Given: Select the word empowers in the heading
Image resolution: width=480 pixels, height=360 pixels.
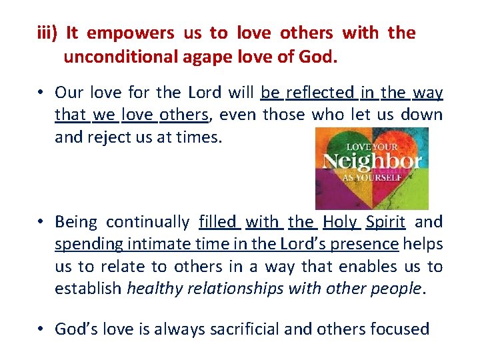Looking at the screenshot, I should (x=131, y=33).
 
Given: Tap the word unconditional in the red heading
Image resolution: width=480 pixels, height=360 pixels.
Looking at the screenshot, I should (x=120, y=57).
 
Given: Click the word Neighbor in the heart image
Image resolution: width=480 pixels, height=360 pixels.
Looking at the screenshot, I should (x=371, y=161).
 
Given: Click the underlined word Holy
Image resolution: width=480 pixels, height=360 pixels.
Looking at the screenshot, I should (x=339, y=222).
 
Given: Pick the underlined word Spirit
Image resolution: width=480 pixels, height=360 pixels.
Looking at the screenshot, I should (x=385, y=222).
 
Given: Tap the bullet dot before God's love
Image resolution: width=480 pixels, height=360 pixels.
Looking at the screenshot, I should (x=42, y=329).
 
